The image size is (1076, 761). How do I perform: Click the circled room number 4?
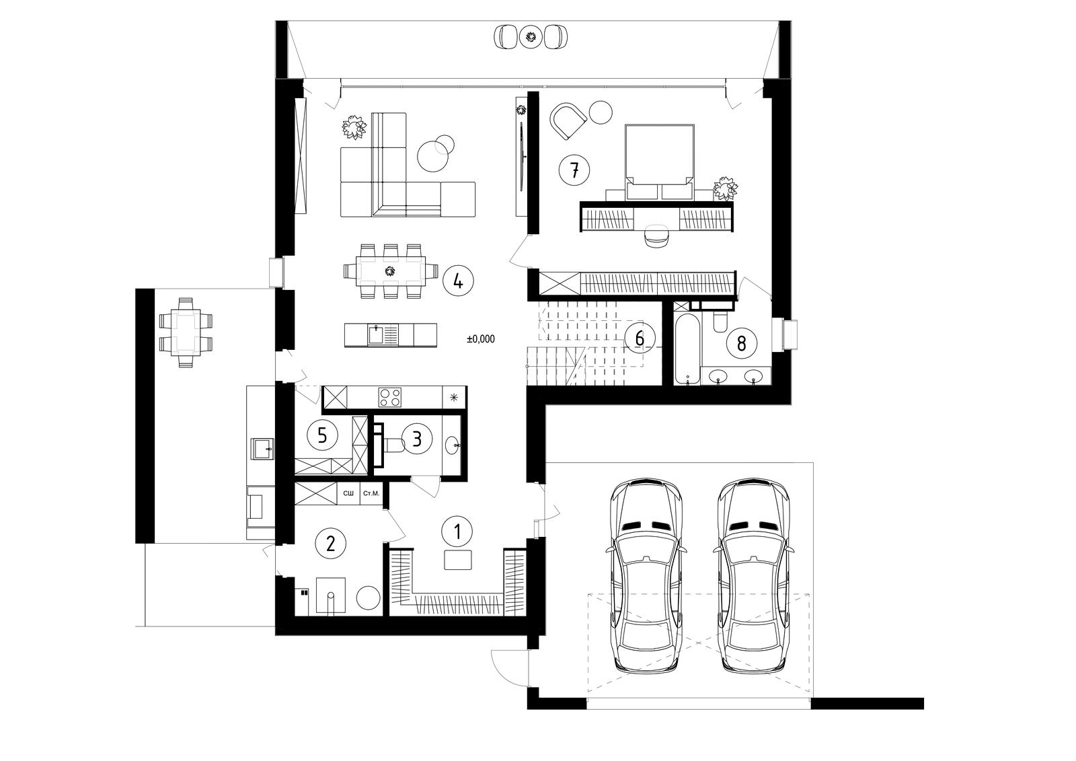[x=458, y=281]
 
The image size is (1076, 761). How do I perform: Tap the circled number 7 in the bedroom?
[x=574, y=170]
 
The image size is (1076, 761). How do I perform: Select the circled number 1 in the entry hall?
[x=457, y=532]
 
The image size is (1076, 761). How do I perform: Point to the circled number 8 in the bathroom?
[x=742, y=343]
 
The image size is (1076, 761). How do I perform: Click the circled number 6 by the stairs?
[x=640, y=338]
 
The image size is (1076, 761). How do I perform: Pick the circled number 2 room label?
[x=330, y=543]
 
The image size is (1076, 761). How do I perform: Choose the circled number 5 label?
[x=322, y=435]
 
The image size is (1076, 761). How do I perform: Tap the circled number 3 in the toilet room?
[x=417, y=438]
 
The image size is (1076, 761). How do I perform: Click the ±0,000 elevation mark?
[x=480, y=339]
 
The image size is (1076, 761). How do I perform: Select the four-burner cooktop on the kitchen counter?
[x=390, y=398]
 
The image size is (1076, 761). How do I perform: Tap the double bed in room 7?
[x=660, y=161]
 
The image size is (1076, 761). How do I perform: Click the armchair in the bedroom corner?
[x=568, y=120]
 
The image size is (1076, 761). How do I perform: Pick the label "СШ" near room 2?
[x=348, y=493]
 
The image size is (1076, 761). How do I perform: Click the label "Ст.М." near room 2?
[x=371, y=493]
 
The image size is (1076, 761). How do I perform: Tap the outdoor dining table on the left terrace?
[x=186, y=332]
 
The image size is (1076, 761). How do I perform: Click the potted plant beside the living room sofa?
[x=354, y=127]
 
